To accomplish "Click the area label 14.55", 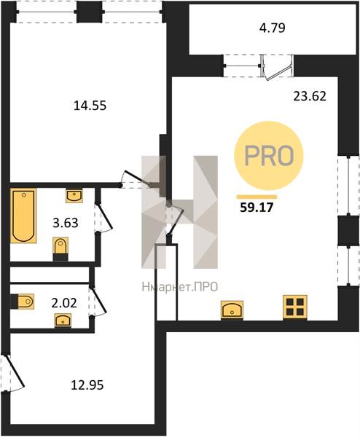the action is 90,106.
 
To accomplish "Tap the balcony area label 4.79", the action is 272,28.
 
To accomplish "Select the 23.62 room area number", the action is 310,96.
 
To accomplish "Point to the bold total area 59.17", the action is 257,208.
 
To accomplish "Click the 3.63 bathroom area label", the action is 66,223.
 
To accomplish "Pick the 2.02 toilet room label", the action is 64,303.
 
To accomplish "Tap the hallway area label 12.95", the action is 87,385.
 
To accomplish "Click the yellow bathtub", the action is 23,216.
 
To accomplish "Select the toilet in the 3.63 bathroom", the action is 60,249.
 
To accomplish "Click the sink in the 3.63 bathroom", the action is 74,196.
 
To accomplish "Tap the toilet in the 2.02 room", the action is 23,302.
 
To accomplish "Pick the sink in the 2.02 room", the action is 63,320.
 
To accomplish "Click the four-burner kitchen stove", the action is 295,307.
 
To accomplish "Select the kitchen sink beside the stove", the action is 232,310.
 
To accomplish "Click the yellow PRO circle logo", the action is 268,156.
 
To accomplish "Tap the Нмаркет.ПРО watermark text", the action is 180,287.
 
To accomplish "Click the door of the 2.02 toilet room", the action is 98,302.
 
